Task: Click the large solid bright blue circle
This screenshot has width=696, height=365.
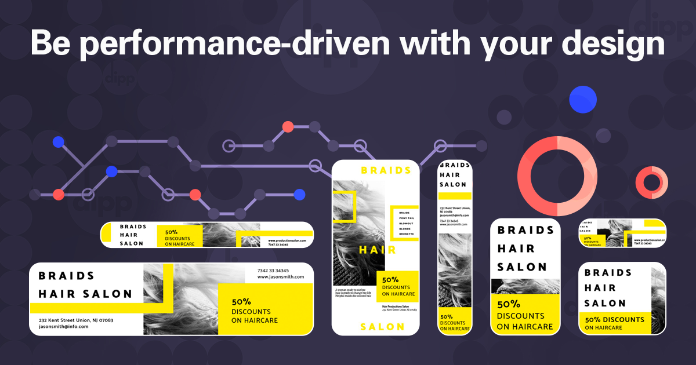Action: coord(583,99)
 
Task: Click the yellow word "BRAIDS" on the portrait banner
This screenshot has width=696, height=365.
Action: coord(386,170)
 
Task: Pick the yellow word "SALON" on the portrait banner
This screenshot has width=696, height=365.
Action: coord(382,327)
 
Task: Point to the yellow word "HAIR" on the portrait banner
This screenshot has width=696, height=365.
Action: coord(377,250)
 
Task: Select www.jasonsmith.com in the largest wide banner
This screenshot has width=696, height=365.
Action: coord(281,277)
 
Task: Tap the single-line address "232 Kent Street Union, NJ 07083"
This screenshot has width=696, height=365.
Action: coord(76,320)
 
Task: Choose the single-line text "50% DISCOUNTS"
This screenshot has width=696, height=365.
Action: coord(614,319)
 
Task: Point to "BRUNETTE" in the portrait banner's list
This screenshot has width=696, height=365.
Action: coord(406,233)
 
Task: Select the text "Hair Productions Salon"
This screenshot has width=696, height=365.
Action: coord(396,306)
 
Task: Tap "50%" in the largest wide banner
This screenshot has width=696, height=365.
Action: coord(241,302)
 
